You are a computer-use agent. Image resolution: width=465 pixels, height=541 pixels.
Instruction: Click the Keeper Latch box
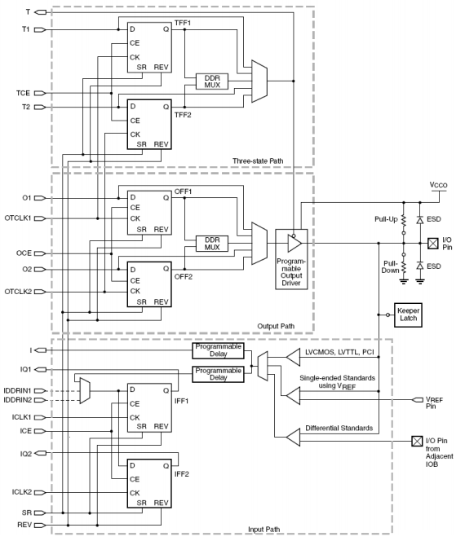[x=408, y=315]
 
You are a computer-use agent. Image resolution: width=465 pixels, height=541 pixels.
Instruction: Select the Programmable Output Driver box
[x=291, y=259]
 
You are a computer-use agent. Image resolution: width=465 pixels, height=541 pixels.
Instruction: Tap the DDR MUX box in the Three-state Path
[x=212, y=81]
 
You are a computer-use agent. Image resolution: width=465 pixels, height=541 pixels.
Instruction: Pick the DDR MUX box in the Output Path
[x=212, y=244]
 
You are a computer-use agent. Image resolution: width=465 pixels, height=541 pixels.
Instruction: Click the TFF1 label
[x=183, y=23]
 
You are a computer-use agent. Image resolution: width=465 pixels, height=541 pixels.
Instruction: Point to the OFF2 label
[x=183, y=277]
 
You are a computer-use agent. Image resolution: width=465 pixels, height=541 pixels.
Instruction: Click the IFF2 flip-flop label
[x=181, y=474]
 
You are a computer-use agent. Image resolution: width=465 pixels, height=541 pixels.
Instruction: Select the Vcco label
[x=438, y=185]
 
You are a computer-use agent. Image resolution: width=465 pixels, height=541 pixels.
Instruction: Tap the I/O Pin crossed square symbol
[x=433, y=244]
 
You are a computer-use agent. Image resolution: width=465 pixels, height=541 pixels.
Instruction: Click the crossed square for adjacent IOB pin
[x=417, y=441]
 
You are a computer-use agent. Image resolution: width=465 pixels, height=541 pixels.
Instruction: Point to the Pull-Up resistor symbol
[x=404, y=220]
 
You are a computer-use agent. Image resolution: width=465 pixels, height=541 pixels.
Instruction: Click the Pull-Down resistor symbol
[x=404, y=267]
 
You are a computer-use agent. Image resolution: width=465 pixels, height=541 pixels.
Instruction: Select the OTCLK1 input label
[x=18, y=218]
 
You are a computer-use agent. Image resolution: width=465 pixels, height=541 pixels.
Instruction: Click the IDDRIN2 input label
[x=17, y=400]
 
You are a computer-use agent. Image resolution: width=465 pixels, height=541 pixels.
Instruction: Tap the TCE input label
[x=23, y=93]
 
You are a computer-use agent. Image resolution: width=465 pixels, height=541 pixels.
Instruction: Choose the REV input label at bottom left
[x=24, y=525]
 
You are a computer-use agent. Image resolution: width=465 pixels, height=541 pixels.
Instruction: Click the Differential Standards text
[x=339, y=429]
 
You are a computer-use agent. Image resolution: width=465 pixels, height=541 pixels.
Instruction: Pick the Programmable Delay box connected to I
[x=218, y=350]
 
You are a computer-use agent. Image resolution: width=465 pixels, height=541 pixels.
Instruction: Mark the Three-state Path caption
[x=258, y=161]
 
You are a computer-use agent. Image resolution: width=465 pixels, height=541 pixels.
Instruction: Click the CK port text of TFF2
[x=135, y=134]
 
